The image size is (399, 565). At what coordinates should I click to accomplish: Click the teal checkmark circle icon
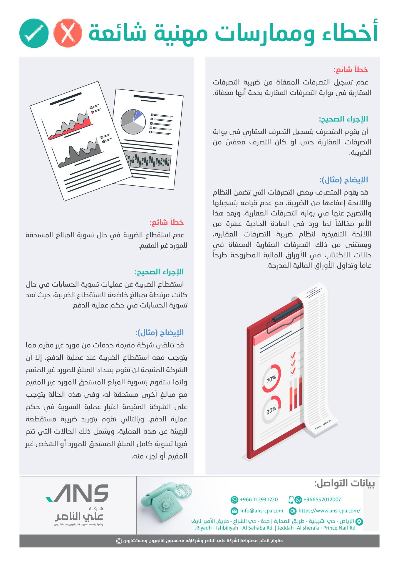pos(34,33)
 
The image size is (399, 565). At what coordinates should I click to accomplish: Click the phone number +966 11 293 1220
pos(259,499)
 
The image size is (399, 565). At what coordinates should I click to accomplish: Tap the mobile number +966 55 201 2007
pos(322,499)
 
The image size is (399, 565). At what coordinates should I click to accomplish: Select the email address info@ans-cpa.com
pos(261,511)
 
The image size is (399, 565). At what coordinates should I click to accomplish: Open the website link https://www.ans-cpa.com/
pos(329,511)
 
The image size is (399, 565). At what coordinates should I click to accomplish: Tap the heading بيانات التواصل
pos(344,483)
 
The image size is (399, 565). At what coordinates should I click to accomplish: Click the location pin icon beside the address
pos(359,522)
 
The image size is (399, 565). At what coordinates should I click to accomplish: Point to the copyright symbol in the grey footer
pos(119,541)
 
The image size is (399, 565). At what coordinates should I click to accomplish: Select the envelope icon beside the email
pos(234,511)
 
